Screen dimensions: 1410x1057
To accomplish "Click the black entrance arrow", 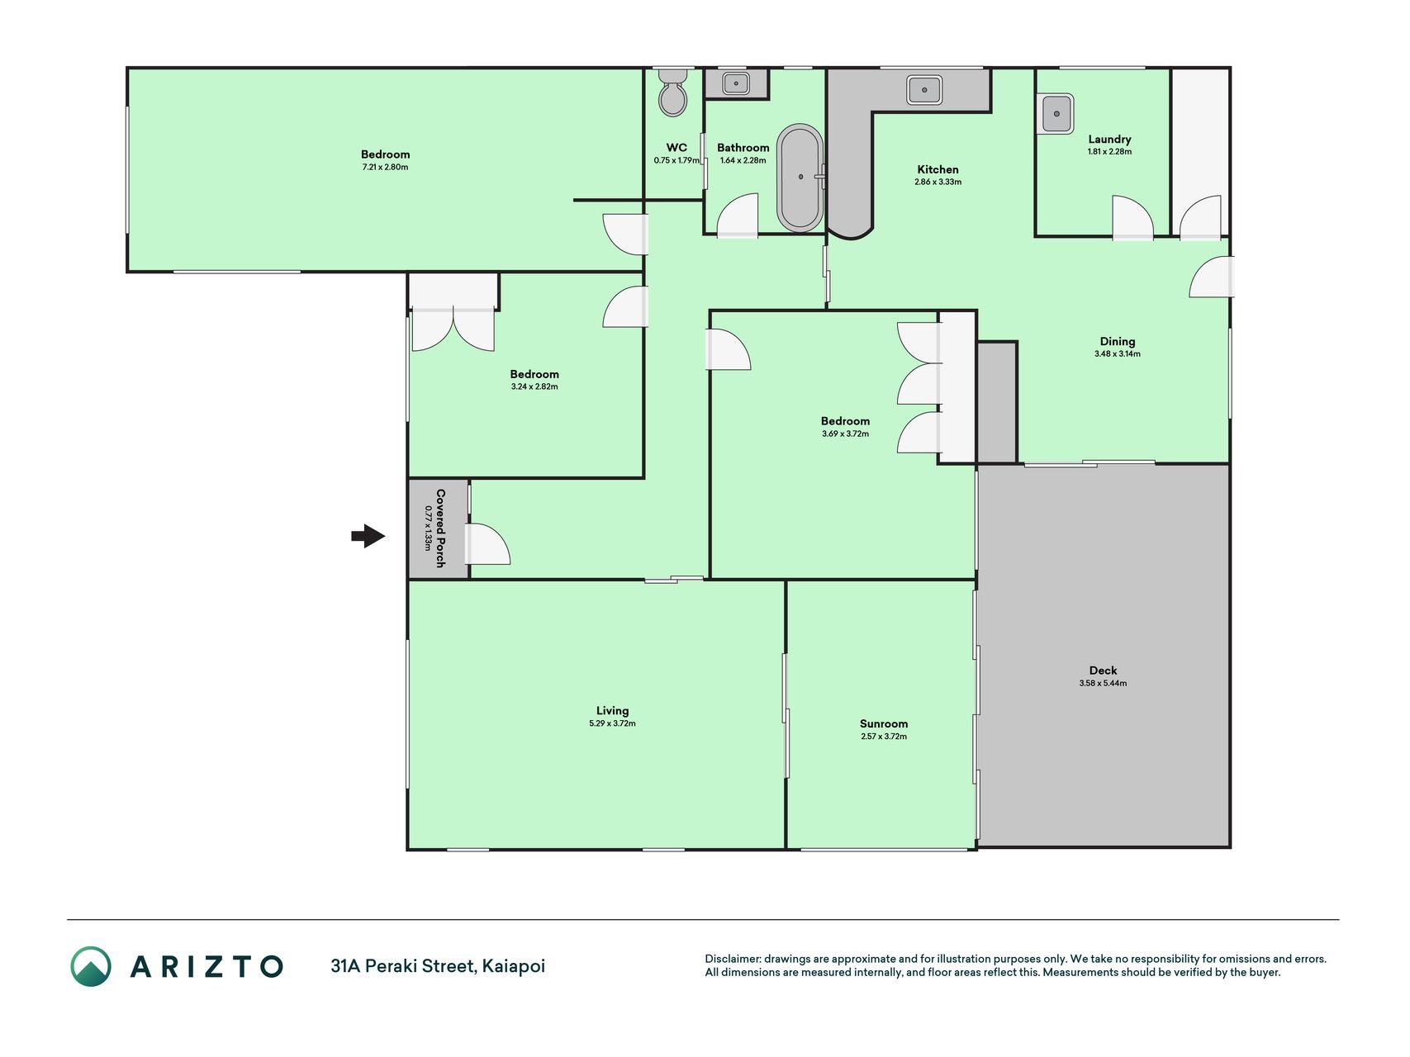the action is pyautogui.click(x=368, y=537).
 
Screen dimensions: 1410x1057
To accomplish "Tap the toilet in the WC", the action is pyautogui.click(x=672, y=92).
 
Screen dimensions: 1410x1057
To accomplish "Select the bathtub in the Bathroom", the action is pyautogui.click(x=800, y=178).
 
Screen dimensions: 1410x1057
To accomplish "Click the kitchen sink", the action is pyautogui.click(x=925, y=89).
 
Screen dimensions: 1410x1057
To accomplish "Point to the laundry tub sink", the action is pyautogui.click(x=1056, y=113).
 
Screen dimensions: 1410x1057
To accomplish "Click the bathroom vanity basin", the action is pyautogui.click(x=736, y=83).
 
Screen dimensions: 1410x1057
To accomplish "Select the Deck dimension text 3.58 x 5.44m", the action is pyautogui.click(x=1103, y=683).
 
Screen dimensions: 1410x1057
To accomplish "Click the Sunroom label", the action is pyautogui.click(x=884, y=723).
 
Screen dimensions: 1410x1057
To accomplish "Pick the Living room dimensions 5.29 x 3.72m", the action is pyautogui.click(x=612, y=723).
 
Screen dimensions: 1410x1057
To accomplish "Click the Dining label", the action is pyautogui.click(x=1118, y=341).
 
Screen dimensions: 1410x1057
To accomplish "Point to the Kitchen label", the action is pyautogui.click(x=938, y=169).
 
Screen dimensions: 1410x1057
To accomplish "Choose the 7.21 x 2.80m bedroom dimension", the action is pyautogui.click(x=385, y=167).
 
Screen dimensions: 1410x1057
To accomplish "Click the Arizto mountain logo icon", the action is pyautogui.click(x=91, y=966).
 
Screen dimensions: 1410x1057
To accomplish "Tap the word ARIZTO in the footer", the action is pyautogui.click(x=207, y=966).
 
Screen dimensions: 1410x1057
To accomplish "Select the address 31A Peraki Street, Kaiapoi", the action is pyautogui.click(x=438, y=966).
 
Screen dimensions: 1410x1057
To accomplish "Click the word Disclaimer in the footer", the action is pyautogui.click(x=733, y=959).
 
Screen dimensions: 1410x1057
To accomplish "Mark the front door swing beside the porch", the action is pyautogui.click(x=487, y=544).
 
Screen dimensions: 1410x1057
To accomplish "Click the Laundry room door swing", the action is pyautogui.click(x=1132, y=217).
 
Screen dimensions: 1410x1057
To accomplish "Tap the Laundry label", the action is pyautogui.click(x=1109, y=140).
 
